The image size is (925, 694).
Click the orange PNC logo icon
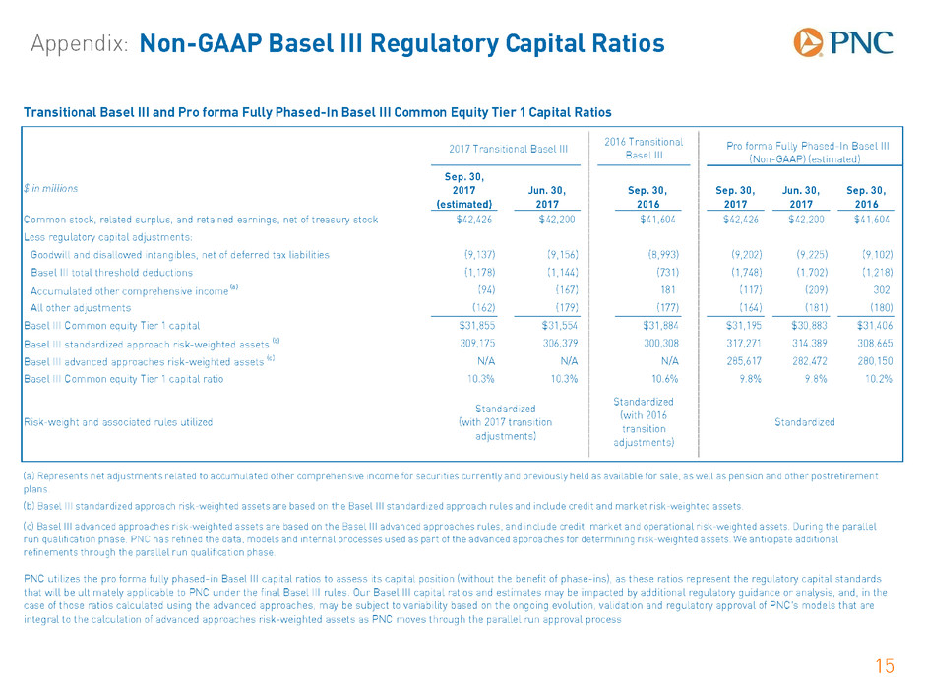pos(808,42)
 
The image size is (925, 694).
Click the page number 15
pos(885,665)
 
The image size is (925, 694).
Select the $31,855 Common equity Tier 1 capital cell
pos(477,325)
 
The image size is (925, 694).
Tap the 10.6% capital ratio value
pos(665,379)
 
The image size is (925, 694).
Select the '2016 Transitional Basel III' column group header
pos(644,148)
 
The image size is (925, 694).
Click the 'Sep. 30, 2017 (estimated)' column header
pos(464,191)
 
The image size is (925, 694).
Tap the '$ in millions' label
pos(51,188)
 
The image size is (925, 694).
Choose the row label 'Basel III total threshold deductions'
pos(111,273)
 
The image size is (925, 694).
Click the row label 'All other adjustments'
pos(81,308)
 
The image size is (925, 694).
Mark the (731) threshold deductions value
pos(668,272)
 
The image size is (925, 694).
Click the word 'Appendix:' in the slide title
pos(80,44)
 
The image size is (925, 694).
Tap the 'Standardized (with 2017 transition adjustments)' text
pos(506,422)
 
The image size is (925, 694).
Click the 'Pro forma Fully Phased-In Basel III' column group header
pos(808,153)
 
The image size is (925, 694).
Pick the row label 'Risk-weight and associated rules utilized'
pos(118,422)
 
